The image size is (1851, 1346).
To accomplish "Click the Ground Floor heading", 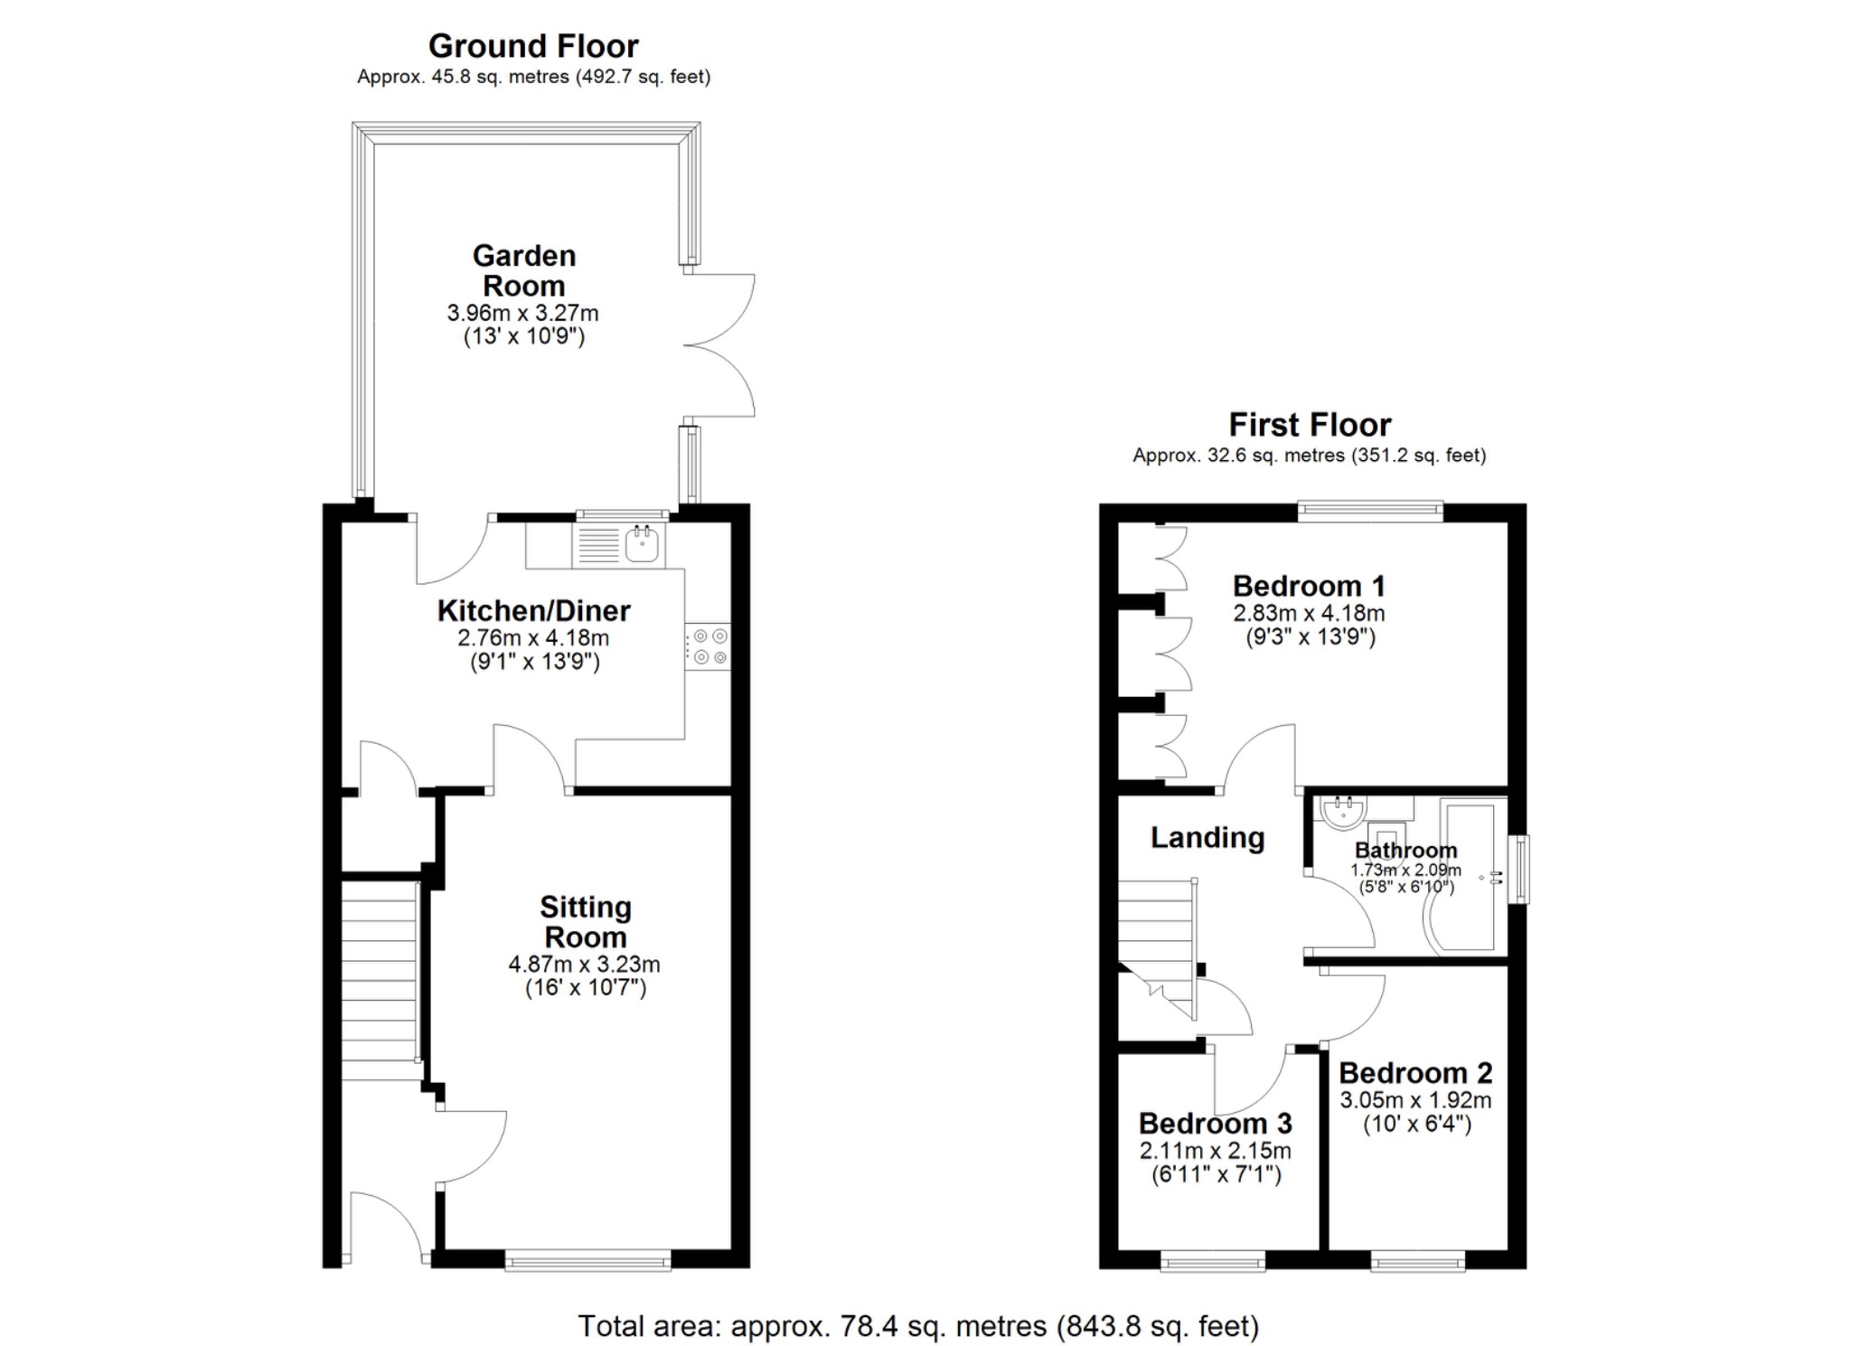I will pos(533,46).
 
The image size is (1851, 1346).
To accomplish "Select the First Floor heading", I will pos(1309,425).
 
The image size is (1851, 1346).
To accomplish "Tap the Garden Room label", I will pos(523,270).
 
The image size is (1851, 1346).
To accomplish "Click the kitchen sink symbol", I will pos(642,544).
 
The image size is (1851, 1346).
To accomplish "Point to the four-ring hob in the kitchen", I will pos(708,647).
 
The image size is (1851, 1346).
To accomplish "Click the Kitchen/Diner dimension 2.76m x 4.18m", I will pos(533,638).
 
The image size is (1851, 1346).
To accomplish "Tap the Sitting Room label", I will pos(585,922).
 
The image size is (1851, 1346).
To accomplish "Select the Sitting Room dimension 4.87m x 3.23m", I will pos(584,965).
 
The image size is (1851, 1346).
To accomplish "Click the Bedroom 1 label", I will pos(1308,586).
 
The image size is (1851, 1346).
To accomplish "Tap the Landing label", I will pos(1207,838).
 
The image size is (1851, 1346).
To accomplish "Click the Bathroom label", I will pos(1405,851).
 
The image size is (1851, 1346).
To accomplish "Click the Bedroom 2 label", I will pos(1414,1073).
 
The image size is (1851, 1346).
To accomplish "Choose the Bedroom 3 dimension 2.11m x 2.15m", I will pos(1215,1151).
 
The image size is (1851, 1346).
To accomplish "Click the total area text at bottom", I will pos(917,1326).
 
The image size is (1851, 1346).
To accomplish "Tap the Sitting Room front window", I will pos(587,1259).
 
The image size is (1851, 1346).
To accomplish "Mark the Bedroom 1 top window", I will pos(1370,512).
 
